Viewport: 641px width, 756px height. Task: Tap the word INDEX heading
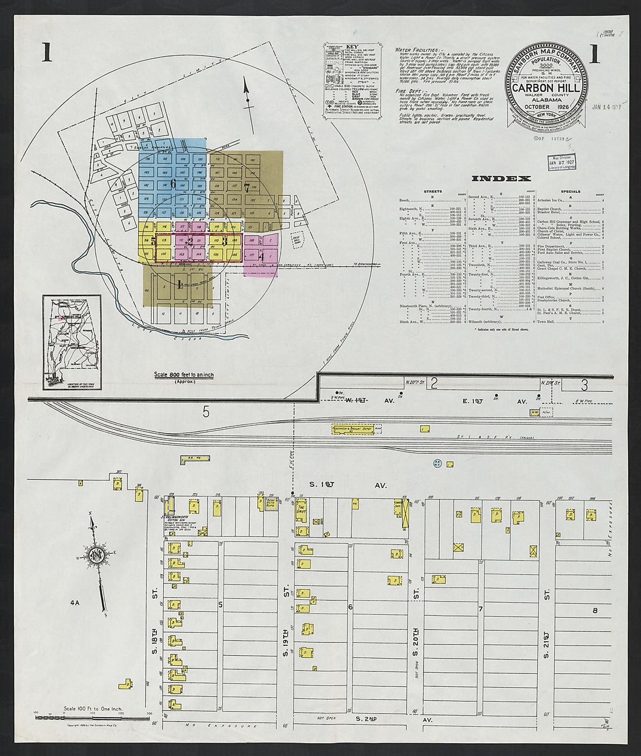[x=501, y=178]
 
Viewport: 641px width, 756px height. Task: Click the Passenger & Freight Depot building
[x=352, y=428]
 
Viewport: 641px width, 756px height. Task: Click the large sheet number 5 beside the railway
[x=205, y=412]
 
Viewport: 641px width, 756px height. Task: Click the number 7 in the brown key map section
[x=246, y=187]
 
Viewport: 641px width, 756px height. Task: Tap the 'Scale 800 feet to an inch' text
[x=184, y=375]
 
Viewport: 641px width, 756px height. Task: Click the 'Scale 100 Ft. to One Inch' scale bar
[x=93, y=716]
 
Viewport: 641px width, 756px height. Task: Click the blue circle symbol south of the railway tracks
[x=438, y=464]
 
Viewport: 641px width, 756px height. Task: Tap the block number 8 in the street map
[x=595, y=610]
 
